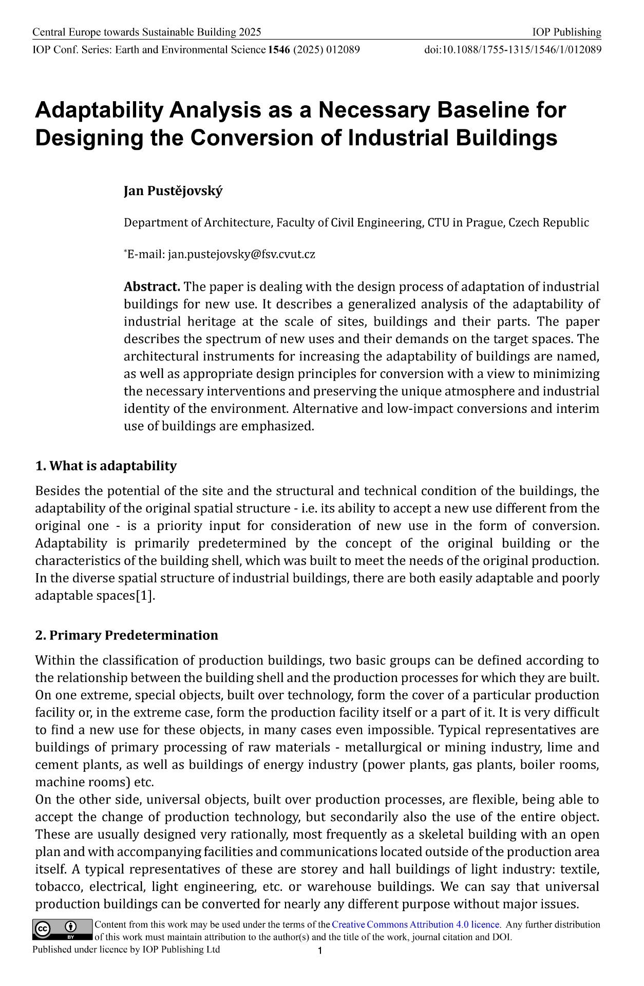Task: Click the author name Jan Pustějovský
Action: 173,192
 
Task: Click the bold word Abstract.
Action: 151,287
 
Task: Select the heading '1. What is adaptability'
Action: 106,466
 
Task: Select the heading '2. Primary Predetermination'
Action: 126,635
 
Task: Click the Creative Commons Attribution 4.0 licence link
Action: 416,924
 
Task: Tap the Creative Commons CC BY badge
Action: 62,930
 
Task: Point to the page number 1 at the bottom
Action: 320,951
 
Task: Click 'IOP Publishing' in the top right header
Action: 566,32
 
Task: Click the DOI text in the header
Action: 513,50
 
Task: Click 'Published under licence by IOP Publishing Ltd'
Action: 126,950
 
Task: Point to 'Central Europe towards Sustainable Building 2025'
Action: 147,32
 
